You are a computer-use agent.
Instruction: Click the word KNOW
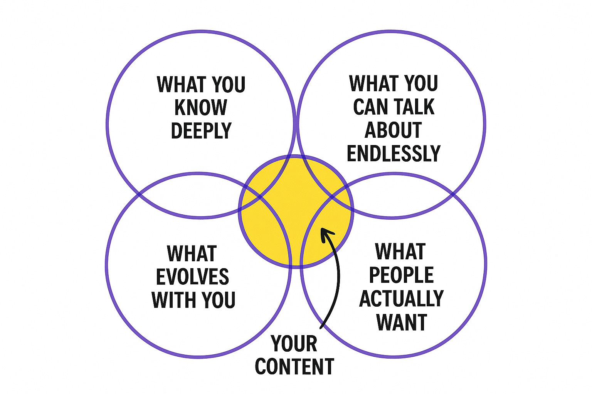pos(201,107)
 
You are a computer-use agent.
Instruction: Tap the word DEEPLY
pos(201,131)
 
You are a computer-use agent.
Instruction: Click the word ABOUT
pos(393,130)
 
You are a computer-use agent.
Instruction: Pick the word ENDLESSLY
pos(394,154)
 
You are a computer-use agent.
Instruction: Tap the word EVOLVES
pos(193,277)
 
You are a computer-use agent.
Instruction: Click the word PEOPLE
pos(401,275)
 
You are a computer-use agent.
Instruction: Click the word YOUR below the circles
pos(294,344)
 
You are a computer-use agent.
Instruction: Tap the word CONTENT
pos(294,367)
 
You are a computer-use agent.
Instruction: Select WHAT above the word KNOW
pos(180,84)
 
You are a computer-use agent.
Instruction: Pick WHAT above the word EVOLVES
pos(192,254)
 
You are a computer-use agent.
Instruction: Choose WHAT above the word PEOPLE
pos(400,252)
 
